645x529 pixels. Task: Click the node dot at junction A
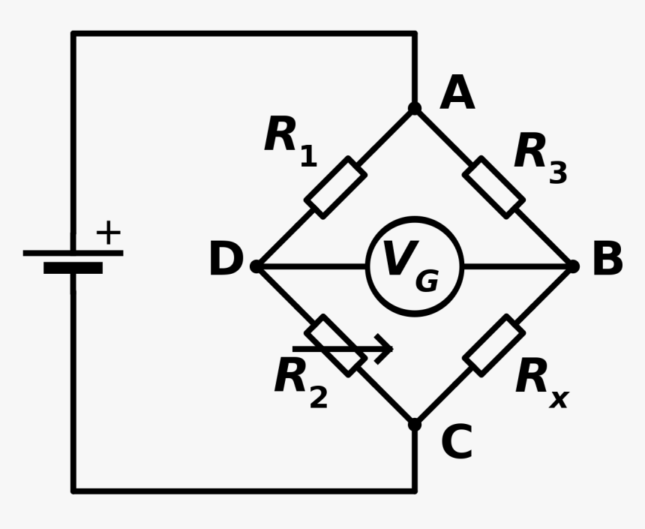(x=415, y=109)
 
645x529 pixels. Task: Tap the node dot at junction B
(x=572, y=266)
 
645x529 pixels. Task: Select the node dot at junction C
(x=415, y=424)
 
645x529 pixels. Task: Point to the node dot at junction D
(x=256, y=266)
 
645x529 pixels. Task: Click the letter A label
(x=457, y=94)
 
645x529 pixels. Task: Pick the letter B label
(x=607, y=260)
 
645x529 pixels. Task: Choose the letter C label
(x=457, y=443)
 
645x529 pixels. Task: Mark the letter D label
(x=226, y=260)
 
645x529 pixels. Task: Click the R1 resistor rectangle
(x=335, y=188)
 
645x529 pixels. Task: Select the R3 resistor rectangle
(x=493, y=188)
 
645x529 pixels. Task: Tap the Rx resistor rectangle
(x=493, y=345)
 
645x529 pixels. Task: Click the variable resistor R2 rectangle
(x=335, y=345)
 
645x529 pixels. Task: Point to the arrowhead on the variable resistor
(x=385, y=349)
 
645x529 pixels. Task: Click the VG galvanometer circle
(x=415, y=266)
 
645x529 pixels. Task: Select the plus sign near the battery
(x=108, y=233)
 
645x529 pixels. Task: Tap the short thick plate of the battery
(x=73, y=268)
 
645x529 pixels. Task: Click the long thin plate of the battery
(x=73, y=253)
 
